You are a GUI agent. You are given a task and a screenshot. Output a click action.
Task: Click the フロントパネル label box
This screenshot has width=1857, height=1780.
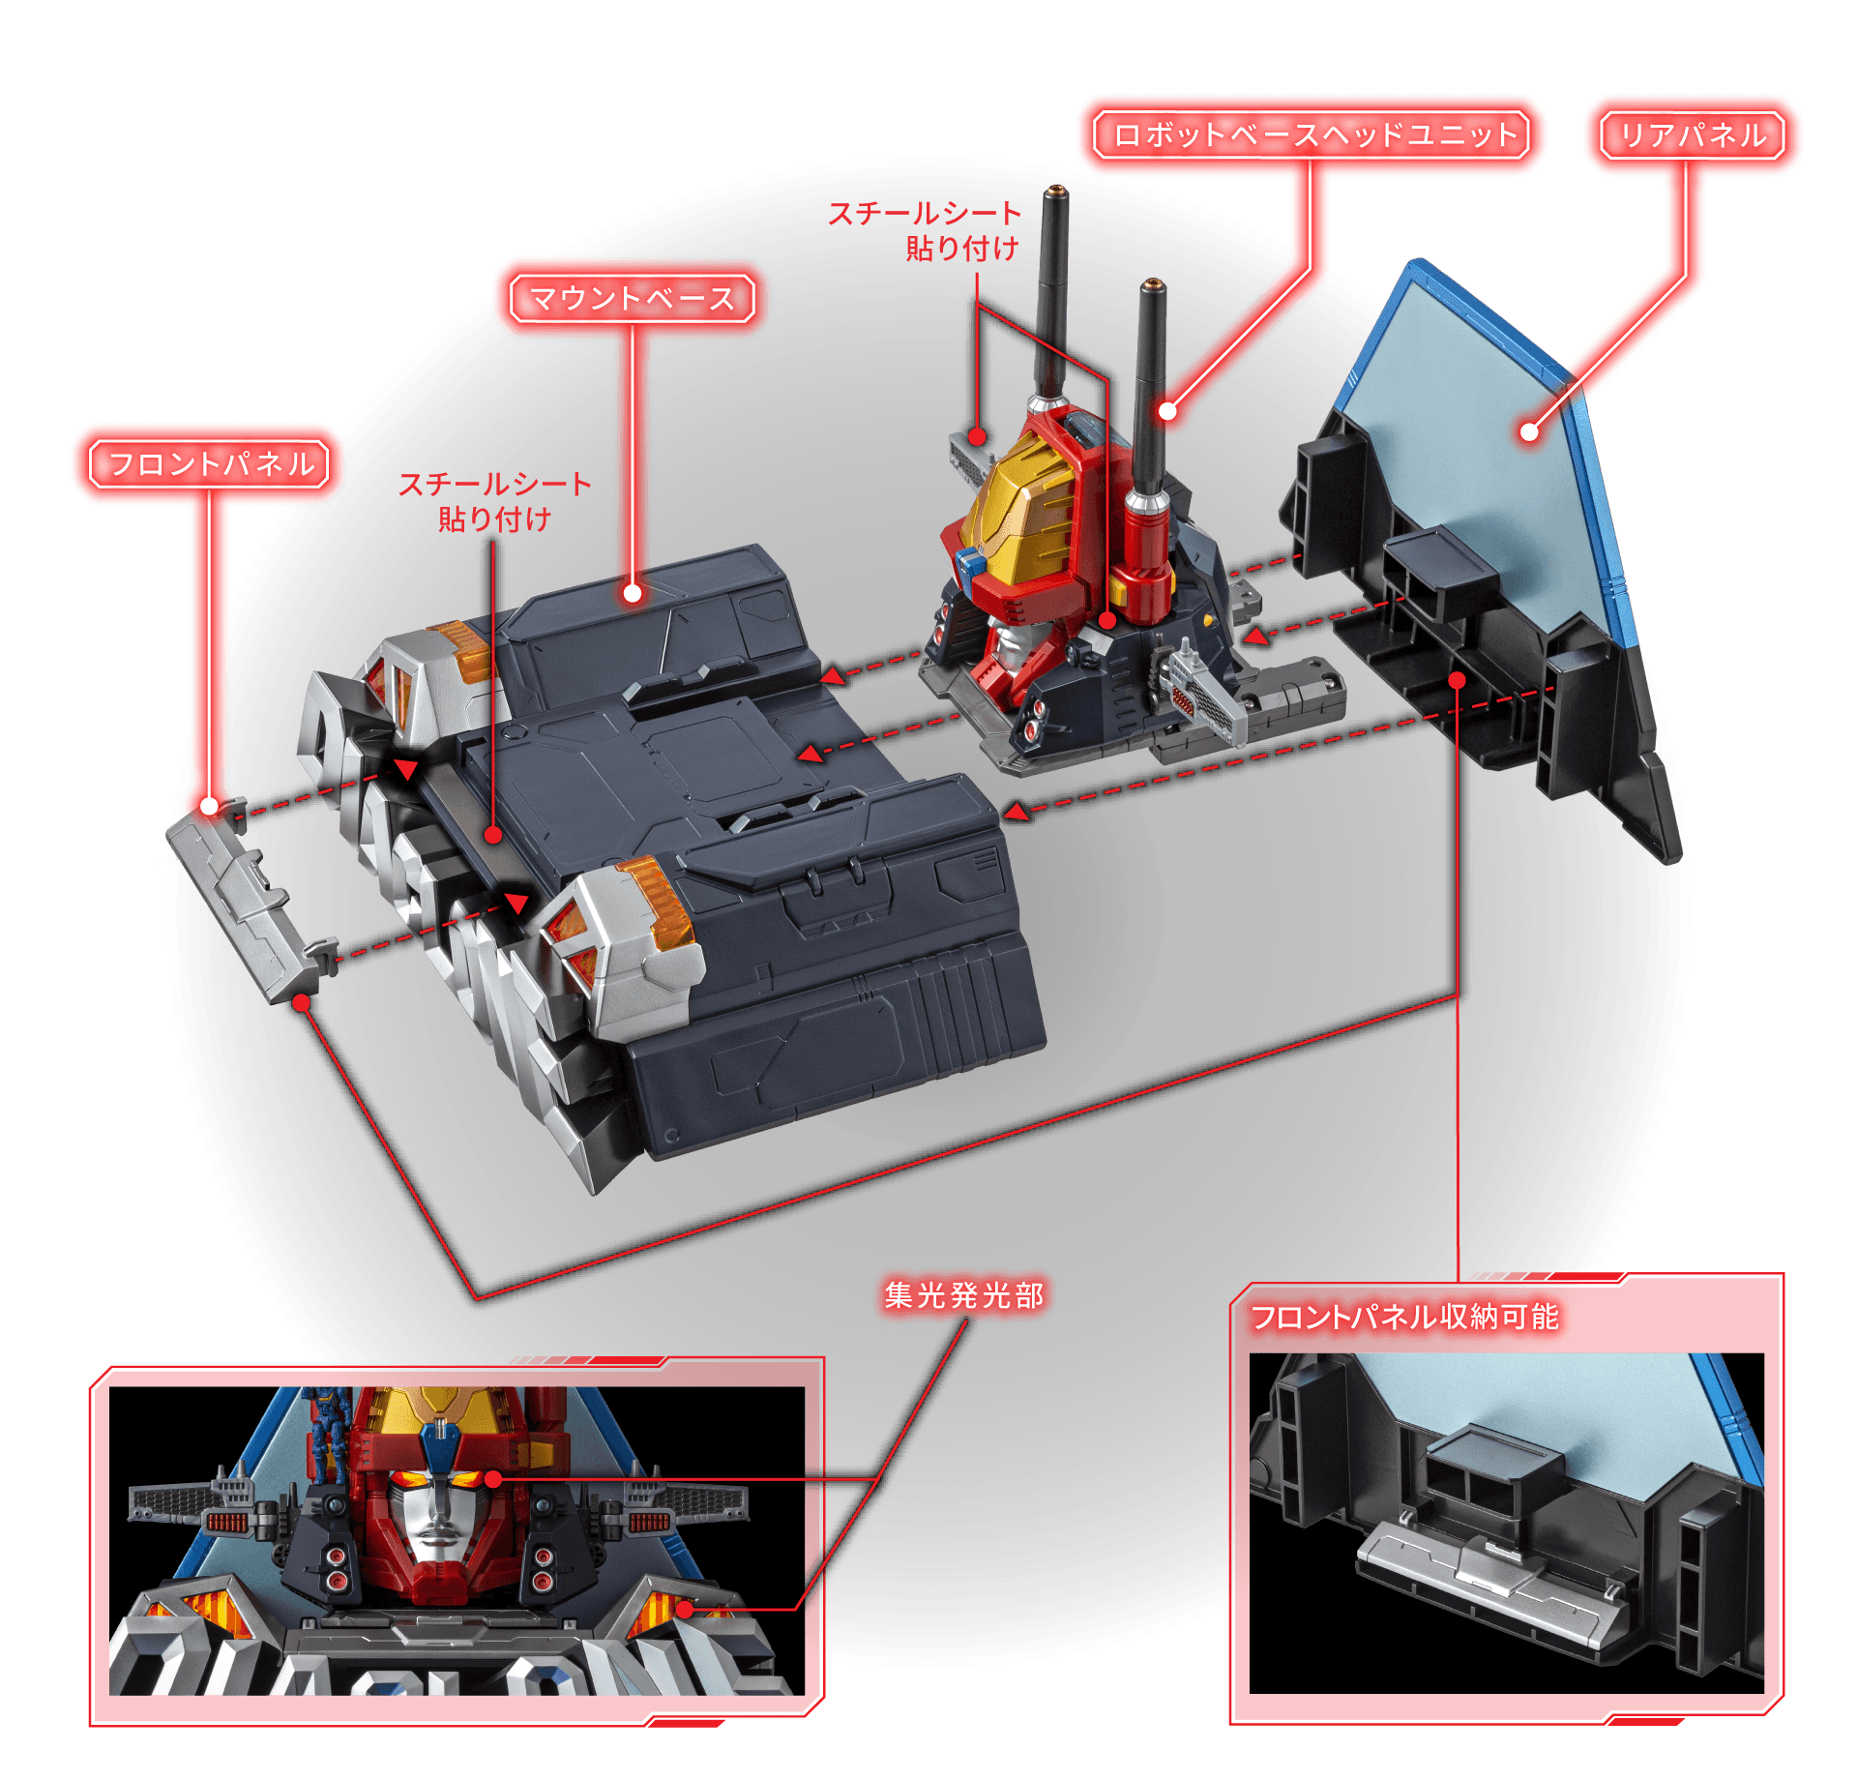pyautogui.click(x=209, y=463)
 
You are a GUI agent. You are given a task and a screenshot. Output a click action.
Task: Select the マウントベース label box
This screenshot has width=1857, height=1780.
pyautogui.click(x=632, y=298)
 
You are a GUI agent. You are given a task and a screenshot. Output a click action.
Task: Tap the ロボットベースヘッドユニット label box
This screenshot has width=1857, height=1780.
pyautogui.click(x=1312, y=134)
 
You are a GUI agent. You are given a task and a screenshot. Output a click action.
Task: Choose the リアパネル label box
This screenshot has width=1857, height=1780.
pyautogui.click(x=1693, y=134)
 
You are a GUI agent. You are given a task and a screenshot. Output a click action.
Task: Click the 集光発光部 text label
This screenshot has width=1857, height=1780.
pyautogui.click(x=964, y=1294)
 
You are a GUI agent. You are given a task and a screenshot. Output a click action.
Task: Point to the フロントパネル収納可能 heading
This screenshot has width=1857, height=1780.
pyautogui.click(x=1404, y=1317)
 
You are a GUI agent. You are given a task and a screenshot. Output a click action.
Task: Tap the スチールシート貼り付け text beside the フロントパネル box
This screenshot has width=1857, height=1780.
pyautogui.click(x=494, y=501)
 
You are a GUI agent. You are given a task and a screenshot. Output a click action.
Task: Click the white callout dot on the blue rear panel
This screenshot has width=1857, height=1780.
pyautogui.click(x=1529, y=431)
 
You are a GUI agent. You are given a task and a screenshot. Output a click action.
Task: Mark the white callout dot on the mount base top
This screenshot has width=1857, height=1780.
pyautogui.click(x=633, y=593)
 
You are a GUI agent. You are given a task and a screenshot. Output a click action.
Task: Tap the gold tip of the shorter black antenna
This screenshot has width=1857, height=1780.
pyautogui.click(x=1152, y=285)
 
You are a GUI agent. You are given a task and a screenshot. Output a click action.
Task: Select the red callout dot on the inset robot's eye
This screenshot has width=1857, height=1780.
pyautogui.click(x=492, y=1478)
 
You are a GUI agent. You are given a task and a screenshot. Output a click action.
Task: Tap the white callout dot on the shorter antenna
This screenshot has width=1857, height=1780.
pyautogui.click(x=1167, y=411)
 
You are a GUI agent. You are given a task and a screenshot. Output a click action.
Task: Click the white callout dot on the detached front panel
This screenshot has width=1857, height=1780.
pyautogui.click(x=210, y=806)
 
